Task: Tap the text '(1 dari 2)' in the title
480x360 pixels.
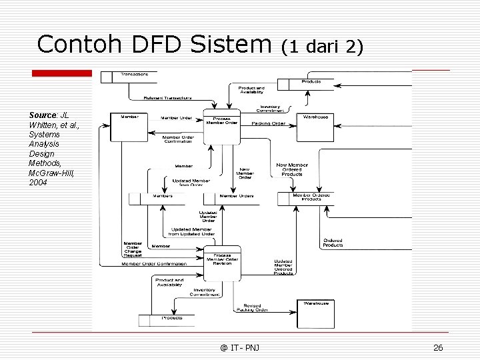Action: [322, 46]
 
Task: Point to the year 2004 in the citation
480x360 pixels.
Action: [38, 182]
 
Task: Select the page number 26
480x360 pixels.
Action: [438, 348]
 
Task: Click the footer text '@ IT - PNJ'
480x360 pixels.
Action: [240, 348]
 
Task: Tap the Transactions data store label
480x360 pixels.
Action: [135, 74]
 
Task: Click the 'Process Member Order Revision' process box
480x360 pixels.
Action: [222, 259]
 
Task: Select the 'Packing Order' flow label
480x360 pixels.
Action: [269, 123]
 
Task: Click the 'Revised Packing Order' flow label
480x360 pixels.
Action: [251, 308]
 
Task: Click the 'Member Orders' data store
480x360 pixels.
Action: [237, 196]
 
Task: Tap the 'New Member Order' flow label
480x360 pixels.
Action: [245, 173]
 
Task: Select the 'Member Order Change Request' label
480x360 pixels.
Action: [132, 249]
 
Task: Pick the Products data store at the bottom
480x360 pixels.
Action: [171, 318]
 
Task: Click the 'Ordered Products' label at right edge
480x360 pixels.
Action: [333, 243]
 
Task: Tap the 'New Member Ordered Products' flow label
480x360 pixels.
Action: [292, 169]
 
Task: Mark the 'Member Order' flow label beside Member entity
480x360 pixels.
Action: [177, 118]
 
